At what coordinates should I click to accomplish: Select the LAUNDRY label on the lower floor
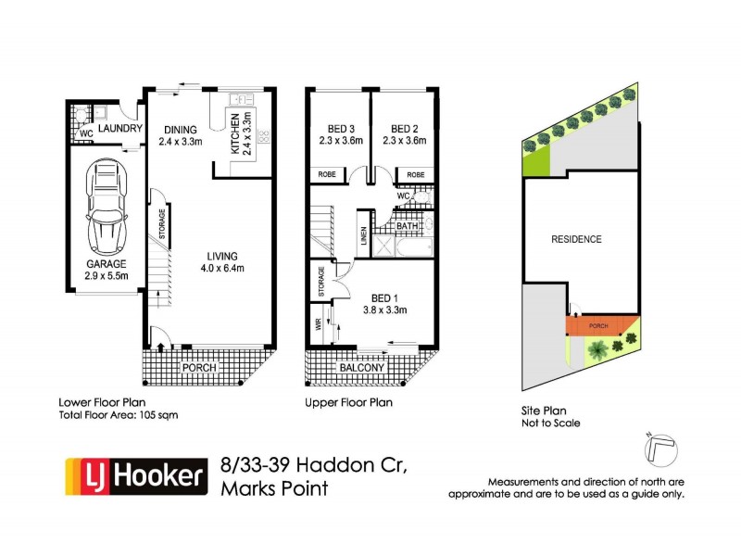pyautogui.click(x=119, y=129)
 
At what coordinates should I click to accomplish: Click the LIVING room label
pyautogui.click(x=222, y=257)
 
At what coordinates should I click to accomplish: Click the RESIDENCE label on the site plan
pyautogui.click(x=576, y=239)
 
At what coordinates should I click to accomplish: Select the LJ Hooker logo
pyautogui.click(x=133, y=476)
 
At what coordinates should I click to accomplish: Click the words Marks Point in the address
pyautogui.click(x=274, y=487)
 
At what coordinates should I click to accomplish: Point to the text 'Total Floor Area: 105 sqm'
pyautogui.click(x=118, y=415)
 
